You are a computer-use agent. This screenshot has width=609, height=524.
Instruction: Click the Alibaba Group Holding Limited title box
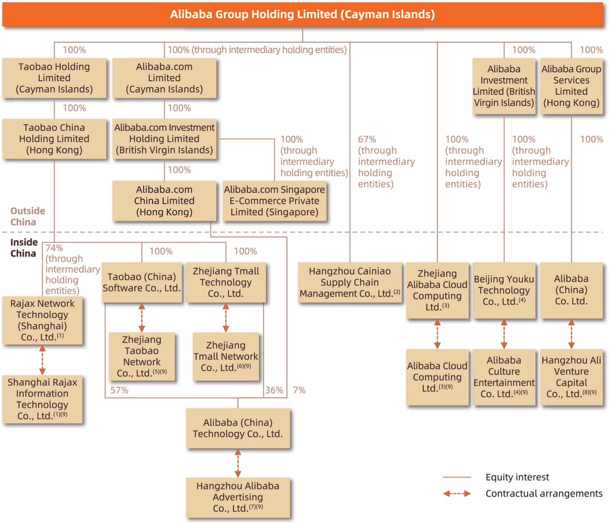(x=303, y=14)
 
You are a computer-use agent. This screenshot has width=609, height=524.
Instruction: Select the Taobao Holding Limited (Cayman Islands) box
(x=54, y=78)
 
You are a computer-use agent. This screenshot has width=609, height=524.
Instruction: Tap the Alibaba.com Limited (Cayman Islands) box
(x=164, y=78)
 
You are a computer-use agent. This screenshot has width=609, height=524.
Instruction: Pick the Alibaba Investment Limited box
(x=504, y=86)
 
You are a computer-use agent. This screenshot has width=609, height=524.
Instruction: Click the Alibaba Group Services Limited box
(x=571, y=86)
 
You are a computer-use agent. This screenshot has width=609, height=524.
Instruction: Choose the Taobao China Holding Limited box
(x=54, y=139)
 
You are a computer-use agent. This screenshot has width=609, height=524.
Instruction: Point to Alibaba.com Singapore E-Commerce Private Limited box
(x=274, y=201)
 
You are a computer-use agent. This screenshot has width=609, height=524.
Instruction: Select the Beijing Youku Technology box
(x=504, y=291)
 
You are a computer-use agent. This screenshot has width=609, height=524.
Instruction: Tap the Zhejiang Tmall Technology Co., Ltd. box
(x=225, y=282)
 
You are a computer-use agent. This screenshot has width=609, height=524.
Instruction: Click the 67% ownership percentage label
(x=367, y=139)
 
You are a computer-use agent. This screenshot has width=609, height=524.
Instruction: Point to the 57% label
(x=119, y=391)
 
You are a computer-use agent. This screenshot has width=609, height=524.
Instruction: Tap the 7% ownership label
(x=299, y=391)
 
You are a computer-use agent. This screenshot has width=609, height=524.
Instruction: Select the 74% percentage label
(x=54, y=248)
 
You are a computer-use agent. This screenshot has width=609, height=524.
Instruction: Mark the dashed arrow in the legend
(x=457, y=494)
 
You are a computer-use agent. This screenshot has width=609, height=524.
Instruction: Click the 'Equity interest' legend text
(x=517, y=477)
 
